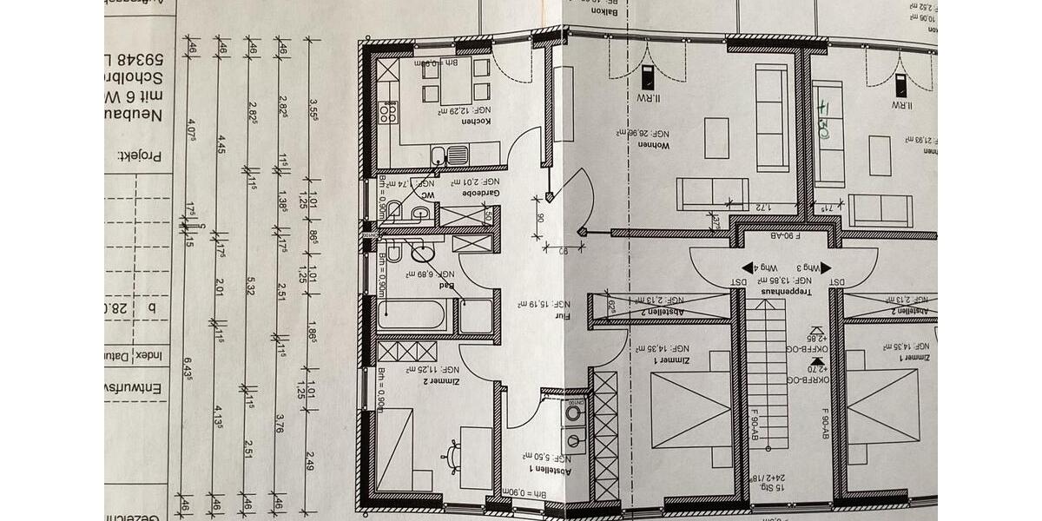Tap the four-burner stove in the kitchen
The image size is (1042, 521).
pyautogui.click(x=388, y=113)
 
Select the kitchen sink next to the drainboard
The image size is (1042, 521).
pyautogui.click(x=439, y=155)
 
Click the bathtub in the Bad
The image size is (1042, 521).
pyautogui.click(x=413, y=314)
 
